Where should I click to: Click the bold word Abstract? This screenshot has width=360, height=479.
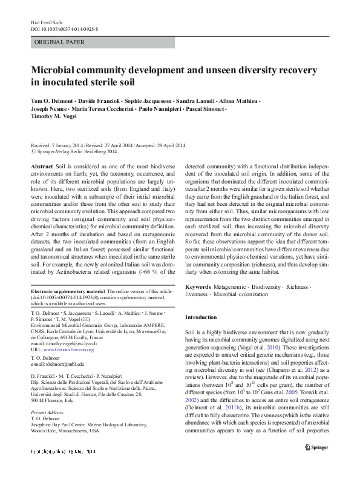[x=42, y=165]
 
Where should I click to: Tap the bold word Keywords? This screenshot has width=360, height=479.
[x=198, y=286]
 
